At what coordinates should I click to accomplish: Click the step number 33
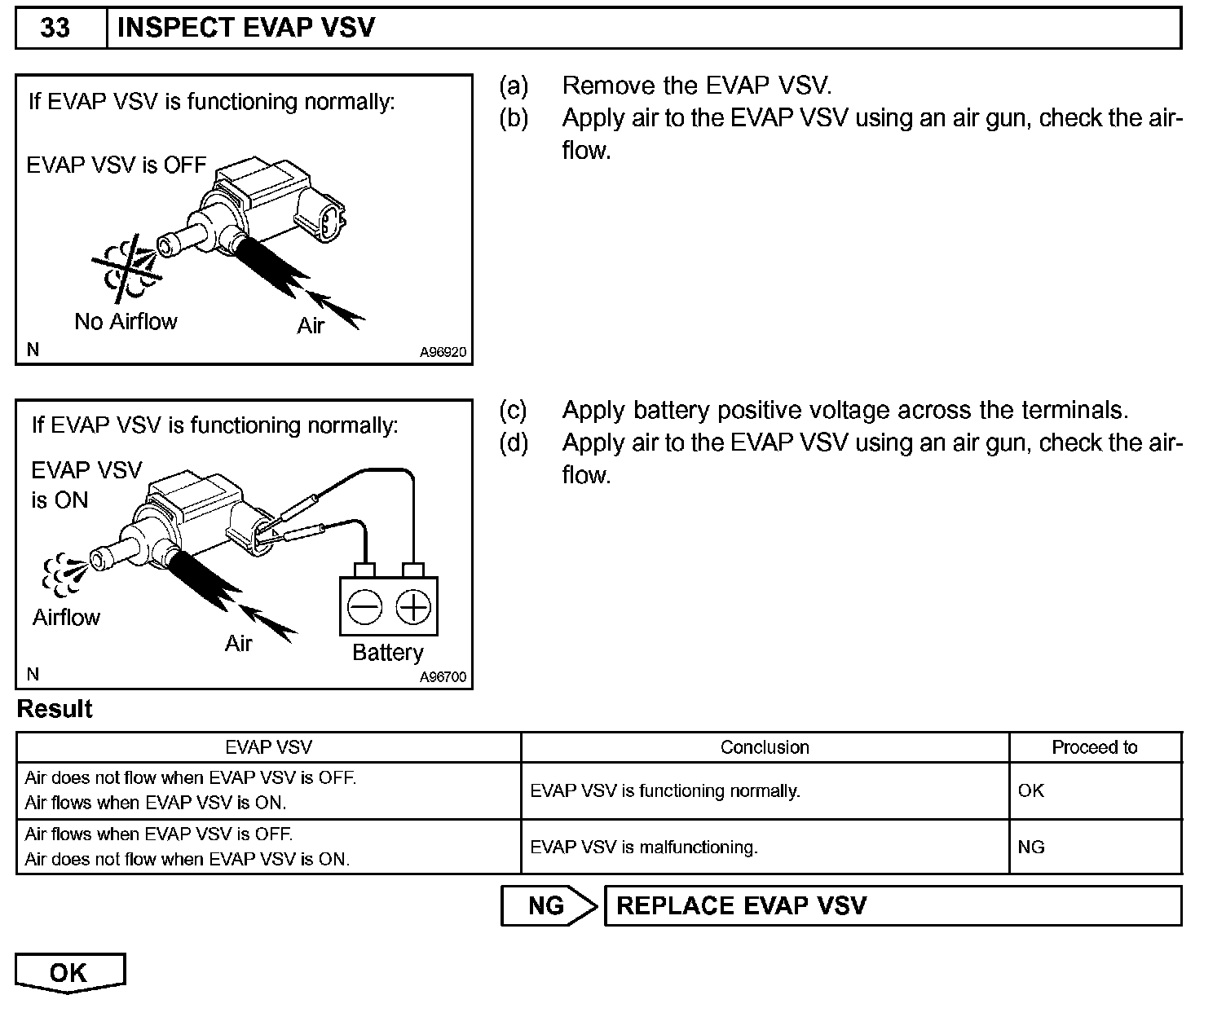55,28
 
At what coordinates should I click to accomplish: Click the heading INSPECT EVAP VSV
246,28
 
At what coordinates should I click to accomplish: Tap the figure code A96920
443,353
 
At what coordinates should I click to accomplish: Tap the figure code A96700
443,677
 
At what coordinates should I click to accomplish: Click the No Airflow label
126,322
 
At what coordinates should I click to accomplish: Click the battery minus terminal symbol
364,607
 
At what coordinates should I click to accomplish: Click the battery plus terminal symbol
413,607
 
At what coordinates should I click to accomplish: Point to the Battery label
387,653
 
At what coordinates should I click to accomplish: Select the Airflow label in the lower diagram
66,618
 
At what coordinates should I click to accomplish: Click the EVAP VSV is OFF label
117,165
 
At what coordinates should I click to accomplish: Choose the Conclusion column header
765,747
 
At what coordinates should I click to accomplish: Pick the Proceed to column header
1094,747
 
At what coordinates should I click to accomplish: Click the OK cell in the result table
1030,790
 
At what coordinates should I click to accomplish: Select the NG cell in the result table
1030,847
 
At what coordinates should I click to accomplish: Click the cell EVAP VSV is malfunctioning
644,847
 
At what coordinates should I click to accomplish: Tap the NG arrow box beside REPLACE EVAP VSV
547,906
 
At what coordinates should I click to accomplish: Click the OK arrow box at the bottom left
69,973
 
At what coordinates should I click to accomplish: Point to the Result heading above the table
55,709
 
